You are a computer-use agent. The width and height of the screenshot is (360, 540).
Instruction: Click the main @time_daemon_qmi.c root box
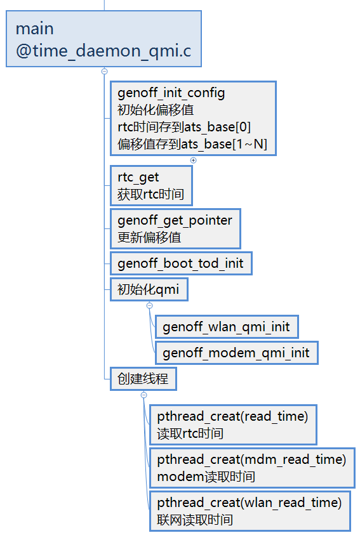(103, 39)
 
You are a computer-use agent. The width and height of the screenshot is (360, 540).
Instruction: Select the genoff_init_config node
(193, 118)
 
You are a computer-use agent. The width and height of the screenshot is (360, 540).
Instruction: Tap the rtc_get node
(150, 185)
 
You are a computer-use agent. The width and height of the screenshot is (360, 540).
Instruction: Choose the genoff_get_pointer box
(175, 229)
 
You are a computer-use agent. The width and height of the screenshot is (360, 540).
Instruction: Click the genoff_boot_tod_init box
(180, 263)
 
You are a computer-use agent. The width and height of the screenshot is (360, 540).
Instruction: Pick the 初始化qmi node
(149, 290)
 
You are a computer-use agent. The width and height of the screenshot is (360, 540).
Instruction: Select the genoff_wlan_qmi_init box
(226, 327)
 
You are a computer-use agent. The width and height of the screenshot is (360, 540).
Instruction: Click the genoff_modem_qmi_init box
(236, 353)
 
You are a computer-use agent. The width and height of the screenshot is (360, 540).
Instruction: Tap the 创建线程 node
(143, 379)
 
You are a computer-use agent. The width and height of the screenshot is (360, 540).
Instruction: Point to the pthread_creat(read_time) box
(232, 425)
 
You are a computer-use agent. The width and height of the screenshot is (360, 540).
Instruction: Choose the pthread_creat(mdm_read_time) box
(251, 468)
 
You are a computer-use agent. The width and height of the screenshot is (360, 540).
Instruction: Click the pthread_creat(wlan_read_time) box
(250, 511)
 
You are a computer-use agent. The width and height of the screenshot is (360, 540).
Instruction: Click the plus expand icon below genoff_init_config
(194, 160)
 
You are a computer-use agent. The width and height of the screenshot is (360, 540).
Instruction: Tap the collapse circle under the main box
(104, 72)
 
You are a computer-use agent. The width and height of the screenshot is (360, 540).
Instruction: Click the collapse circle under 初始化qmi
(150, 306)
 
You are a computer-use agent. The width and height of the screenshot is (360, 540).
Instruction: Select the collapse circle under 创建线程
(143, 395)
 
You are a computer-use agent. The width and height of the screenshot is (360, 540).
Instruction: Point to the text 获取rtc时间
(150, 194)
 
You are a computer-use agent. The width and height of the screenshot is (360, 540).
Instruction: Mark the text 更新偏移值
(149, 238)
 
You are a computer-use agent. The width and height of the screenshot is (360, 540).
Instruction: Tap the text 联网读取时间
(195, 520)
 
